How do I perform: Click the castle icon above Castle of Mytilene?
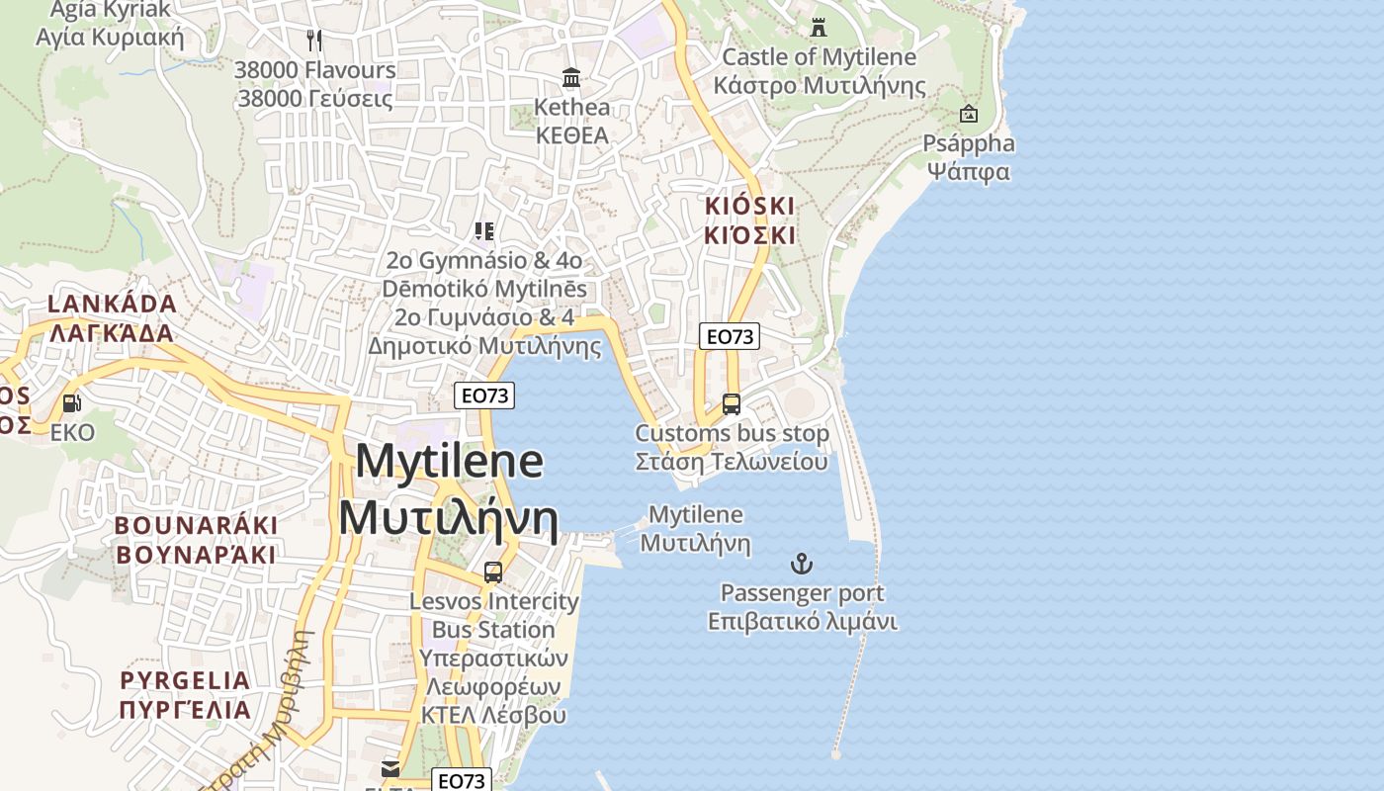tap(819, 28)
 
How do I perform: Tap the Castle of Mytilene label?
tap(820, 71)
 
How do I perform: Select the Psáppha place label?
tap(969, 157)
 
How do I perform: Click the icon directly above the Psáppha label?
tap(969, 114)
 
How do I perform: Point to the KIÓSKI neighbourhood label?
tap(749, 220)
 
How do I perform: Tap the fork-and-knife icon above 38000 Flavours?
tap(314, 41)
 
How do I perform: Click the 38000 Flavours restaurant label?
tap(314, 84)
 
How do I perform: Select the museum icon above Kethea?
tap(571, 77)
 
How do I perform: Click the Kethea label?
tap(571, 121)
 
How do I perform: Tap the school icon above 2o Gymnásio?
tap(483, 231)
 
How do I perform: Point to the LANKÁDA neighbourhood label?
tap(112, 317)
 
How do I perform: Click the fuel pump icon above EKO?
tap(72, 403)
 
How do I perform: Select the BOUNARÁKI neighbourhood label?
tap(197, 539)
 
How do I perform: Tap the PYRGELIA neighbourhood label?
tap(186, 695)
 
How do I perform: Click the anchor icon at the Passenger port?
tap(802, 564)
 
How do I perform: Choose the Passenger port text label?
tap(802, 607)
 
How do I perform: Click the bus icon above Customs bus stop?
tap(732, 404)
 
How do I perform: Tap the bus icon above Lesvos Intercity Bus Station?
tap(492, 572)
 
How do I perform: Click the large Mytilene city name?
tap(449, 489)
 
